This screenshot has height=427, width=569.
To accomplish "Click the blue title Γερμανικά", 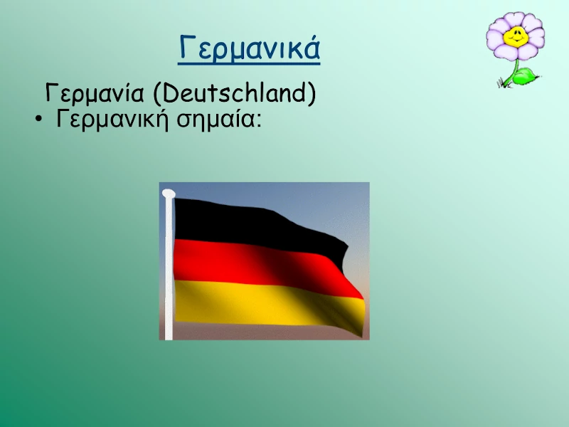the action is point(250,48).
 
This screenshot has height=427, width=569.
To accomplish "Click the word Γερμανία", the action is point(95,93).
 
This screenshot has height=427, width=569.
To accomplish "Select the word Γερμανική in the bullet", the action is point(112,119).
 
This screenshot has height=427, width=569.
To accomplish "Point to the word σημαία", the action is point(216,120).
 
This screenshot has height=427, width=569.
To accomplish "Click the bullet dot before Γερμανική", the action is point(38,119).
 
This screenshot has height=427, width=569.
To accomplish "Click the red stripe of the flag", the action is point(261,265).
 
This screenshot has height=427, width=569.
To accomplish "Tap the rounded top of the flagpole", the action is point(169,194).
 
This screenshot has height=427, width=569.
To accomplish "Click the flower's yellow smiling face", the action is point(516,36).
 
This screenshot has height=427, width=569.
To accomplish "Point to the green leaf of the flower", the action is point(525,76).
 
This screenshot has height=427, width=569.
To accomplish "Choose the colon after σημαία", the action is point(258,120).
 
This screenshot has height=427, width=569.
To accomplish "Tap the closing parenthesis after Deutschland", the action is point(312,94).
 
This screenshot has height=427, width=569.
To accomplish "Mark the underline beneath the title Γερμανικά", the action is point(249,63).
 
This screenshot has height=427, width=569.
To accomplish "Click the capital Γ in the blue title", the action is point(186,47).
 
